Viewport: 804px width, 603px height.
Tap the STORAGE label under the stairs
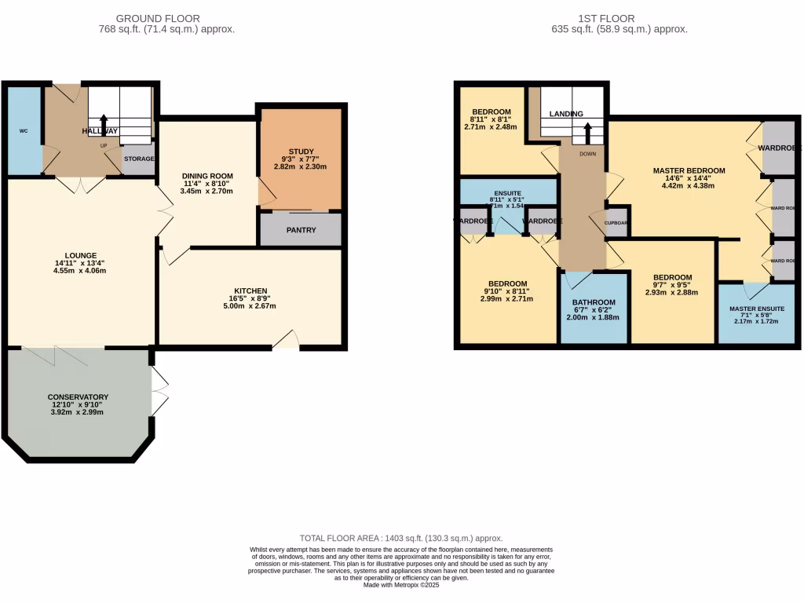click(139, 159)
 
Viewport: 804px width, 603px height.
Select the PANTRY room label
click(301, 230)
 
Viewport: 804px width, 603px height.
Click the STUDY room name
click(301, 152)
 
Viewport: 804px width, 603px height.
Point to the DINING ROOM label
click(208, 176)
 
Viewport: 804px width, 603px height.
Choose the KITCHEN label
click(250, 291)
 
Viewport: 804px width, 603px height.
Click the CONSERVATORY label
click(78, 397)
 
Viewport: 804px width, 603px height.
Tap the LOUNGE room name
click(80, 255)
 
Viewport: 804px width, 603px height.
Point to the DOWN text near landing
click(588, 154)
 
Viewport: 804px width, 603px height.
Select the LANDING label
click(566, 114)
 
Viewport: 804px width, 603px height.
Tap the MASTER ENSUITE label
click(757, 309)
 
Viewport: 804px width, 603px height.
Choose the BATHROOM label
click(594, 302)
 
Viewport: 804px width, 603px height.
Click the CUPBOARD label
click(616, 223)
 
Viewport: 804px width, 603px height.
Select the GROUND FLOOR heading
click(158, 18)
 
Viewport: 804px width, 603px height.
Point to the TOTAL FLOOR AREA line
click(401, 538)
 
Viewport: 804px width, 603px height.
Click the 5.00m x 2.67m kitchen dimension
click(250, 306)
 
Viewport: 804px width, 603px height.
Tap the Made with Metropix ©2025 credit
click(401, 584)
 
